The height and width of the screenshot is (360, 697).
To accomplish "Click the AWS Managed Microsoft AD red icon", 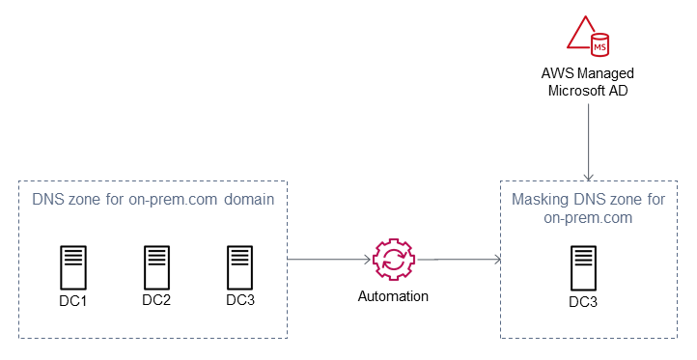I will pyautogui.click(x=588, y=36).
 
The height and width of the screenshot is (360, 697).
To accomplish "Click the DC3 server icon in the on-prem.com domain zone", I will pyautogui.click(x=239, y=264).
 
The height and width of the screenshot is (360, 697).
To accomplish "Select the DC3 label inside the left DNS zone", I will pyautogui.click(x=240, y=299).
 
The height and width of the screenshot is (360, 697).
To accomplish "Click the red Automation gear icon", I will pyautogui.click(x=394, y=259).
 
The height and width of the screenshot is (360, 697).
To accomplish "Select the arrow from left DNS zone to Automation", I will pyautogui.click(x=329, y=259).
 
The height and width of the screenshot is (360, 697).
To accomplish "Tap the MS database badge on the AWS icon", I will pyautogui.click(x=600, y=44).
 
